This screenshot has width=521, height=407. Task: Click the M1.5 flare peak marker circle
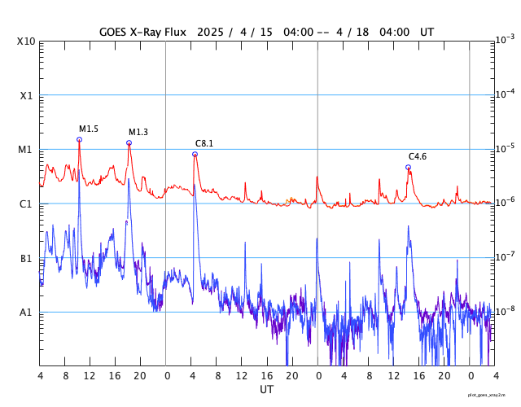tap(79, 139)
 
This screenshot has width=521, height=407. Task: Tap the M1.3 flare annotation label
tap(138, 132)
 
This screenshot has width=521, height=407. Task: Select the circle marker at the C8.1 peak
tap(195, 154)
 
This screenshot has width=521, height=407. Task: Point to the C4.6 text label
tap(418, 156)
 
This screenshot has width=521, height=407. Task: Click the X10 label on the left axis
tap(26, 41)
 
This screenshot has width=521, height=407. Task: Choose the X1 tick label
tap(26, 95)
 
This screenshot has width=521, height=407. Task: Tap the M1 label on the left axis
tap(26, 150)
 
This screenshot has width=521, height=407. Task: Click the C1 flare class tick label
tap(26, 203)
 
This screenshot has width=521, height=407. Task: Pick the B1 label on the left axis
tap(26, 258)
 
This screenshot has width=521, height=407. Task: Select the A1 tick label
tap(26, 313)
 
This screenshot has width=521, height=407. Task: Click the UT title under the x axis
tap(266, 390)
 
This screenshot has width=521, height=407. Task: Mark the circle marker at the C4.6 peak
tap(408, 167)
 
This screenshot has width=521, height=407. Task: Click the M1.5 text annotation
tap(89, 129)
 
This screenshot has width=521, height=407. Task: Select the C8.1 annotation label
tap(204, 143)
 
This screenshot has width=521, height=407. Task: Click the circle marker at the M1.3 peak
tap(129, 142)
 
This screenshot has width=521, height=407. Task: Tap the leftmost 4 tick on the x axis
tap(40, 375)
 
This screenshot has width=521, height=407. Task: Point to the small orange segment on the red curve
tap(291, 199)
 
